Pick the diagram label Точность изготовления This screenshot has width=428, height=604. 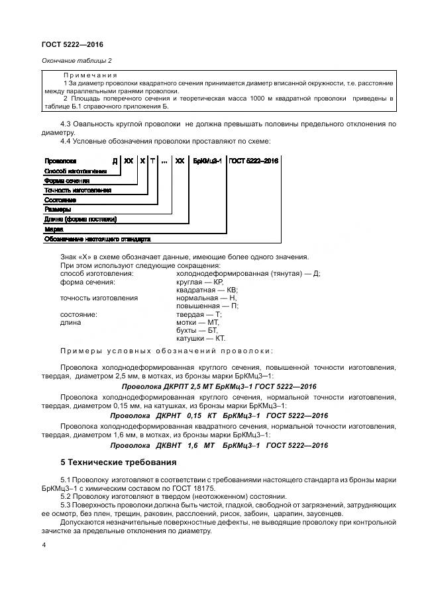click(78, 190)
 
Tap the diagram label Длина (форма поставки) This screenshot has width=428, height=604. click(80, 219)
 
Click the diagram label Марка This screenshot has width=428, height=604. click(53, 229)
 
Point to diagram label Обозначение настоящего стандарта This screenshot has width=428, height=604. click(97, 238)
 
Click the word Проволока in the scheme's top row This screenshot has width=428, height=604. click(60, 161)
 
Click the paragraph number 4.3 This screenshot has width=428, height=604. click(66, 124)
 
